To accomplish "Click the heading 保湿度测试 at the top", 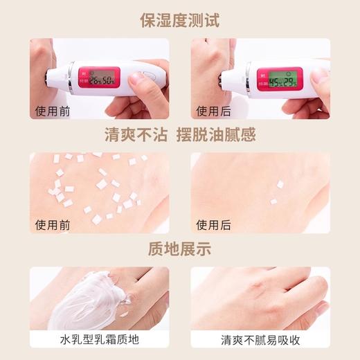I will (179, 19).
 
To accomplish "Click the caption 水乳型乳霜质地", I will (99, 340).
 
